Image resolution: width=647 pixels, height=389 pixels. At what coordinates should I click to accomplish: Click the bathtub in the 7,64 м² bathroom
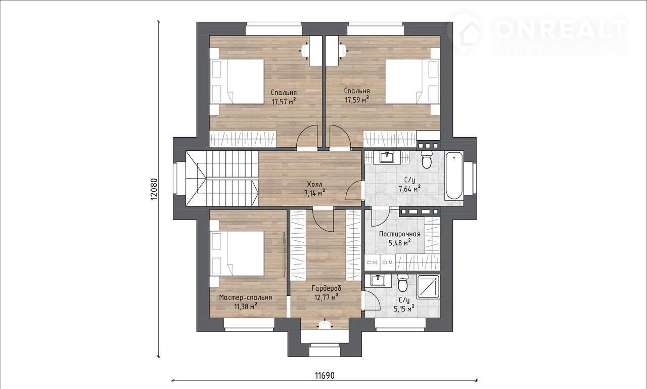454,177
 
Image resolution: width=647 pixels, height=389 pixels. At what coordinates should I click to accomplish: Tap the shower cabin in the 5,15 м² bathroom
428,287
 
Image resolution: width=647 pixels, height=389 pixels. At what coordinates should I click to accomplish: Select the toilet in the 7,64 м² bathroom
427,160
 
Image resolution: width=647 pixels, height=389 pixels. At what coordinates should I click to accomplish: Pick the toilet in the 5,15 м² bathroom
402,283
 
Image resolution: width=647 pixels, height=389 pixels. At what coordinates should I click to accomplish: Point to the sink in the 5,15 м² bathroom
378,280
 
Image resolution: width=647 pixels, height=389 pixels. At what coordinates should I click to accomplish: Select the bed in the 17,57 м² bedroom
237,81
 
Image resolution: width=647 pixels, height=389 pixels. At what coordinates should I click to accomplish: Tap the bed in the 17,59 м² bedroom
412,81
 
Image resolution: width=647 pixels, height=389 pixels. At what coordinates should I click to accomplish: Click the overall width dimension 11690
325,375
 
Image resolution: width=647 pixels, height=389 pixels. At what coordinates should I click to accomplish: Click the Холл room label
314,184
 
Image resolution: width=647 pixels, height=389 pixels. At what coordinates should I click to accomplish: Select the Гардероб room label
327,288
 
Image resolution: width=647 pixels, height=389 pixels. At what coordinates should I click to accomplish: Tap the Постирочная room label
399,234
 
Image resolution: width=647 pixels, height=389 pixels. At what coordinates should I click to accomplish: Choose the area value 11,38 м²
246,307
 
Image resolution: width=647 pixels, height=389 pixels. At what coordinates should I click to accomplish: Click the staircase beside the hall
222,179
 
